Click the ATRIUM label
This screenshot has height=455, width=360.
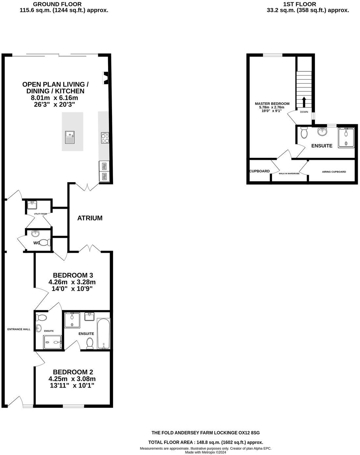[x=90, y=218]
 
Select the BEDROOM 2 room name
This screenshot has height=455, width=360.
[x=73, y=372]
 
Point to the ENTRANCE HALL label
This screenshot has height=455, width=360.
[x=19, y=329]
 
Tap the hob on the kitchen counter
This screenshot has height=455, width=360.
[x=105, y=138]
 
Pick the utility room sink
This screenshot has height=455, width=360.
[x=32, y=205]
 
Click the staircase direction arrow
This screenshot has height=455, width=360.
[x=304, y=102]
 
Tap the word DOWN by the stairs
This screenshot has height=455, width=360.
[x=304, y=112]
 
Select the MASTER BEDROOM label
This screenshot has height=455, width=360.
[x=272, y=104]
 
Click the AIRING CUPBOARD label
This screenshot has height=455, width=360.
[x=333, y=172]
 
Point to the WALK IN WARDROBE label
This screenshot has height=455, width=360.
[x=289, y=173]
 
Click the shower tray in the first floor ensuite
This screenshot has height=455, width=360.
[x=347, y=137]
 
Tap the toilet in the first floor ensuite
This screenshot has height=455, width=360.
[x=304, y=133]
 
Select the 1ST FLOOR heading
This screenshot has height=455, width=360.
[x=299, y=4]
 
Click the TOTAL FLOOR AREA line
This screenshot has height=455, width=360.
[x=206, y=443]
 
